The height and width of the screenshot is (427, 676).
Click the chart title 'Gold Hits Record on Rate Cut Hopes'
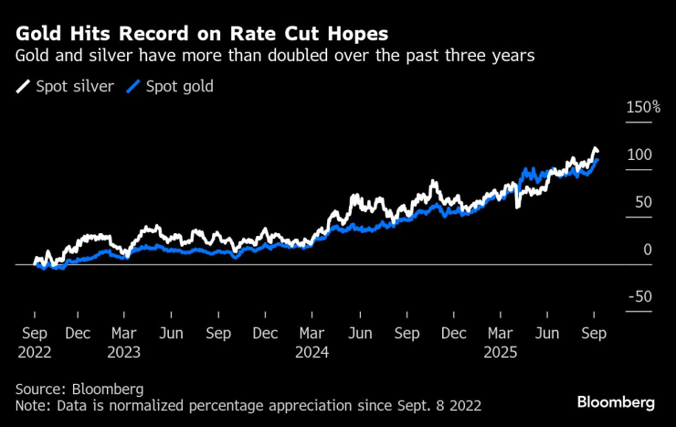point(202,33)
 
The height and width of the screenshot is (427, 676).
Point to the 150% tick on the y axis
point(642,107)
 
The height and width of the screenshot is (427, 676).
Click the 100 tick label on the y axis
point(639,155)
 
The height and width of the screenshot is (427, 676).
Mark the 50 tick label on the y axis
point(643,202)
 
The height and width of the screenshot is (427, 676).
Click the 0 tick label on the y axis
point(648,249)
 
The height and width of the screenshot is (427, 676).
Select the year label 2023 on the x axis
point(125,351)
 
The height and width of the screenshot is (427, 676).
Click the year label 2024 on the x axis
point(313,351)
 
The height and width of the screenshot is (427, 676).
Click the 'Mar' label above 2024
point(312,334)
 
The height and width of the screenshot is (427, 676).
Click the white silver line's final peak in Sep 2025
point(595,148)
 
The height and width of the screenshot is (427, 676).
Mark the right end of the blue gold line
point(597,160)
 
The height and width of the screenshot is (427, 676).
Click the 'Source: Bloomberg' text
point(79,389)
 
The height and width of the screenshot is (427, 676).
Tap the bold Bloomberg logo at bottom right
point(615,402)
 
